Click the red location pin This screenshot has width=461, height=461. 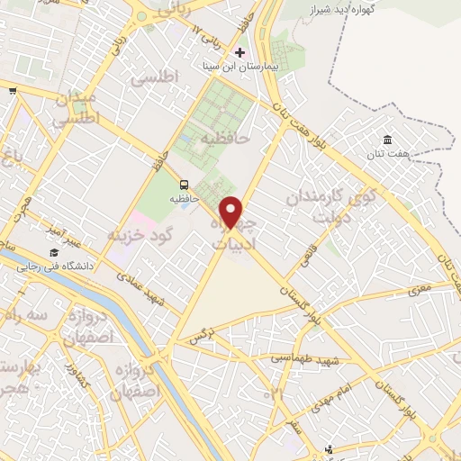tap(232, 213)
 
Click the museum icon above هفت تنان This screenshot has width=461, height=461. tap(387, 140)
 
